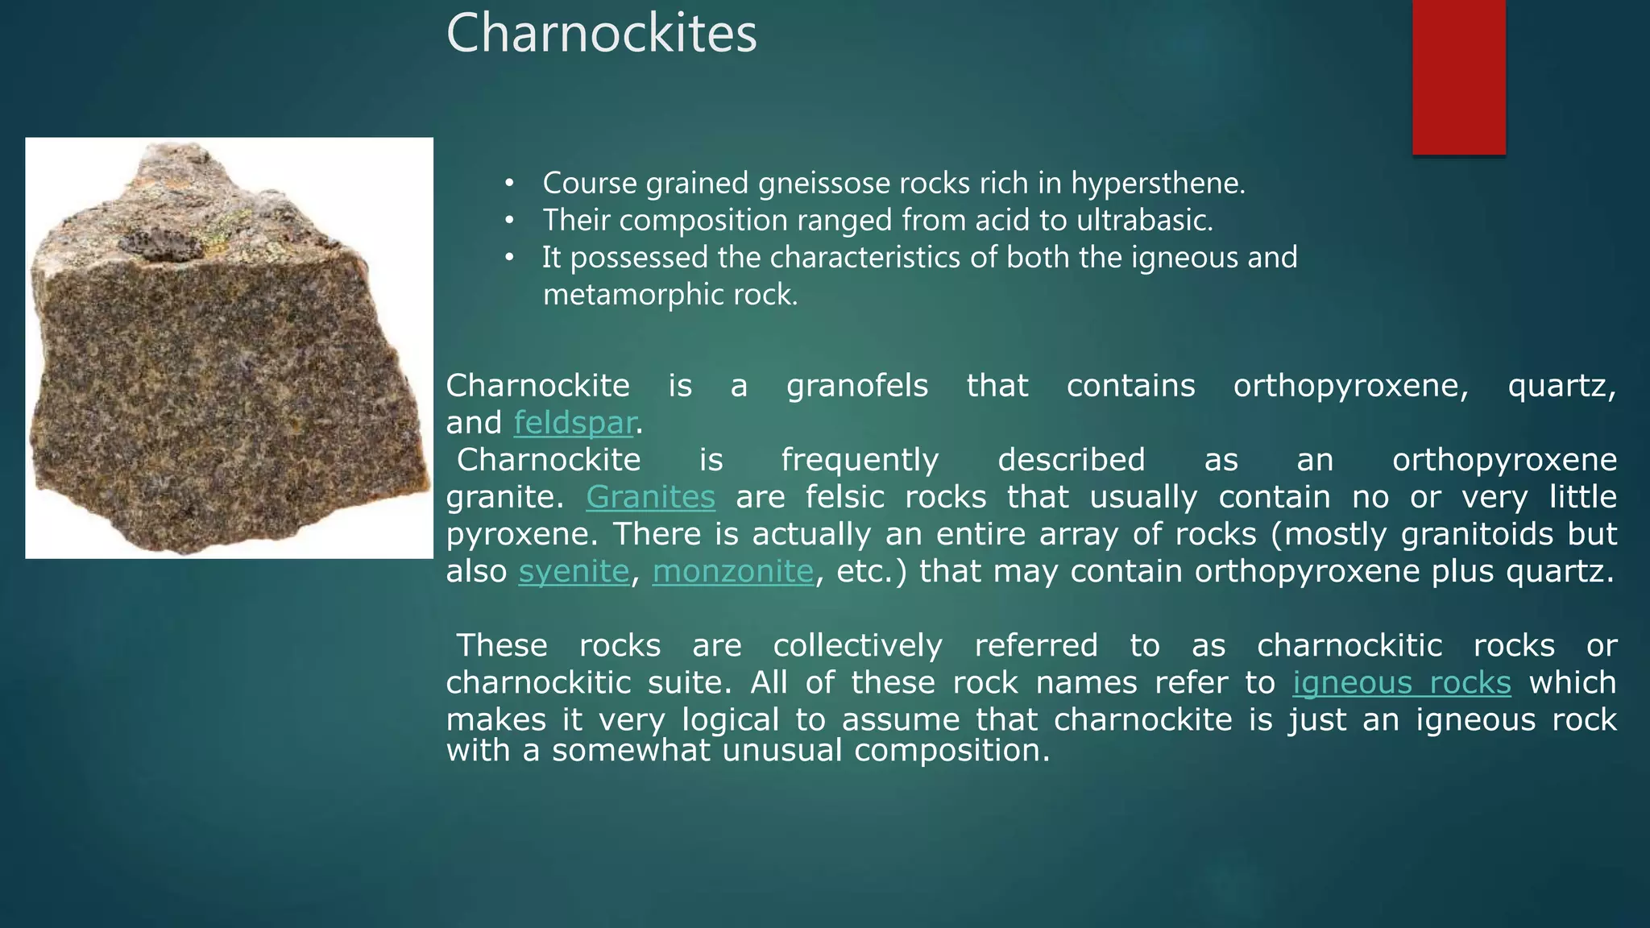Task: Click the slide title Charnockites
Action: (601, 34)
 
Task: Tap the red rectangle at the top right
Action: (1458, 77)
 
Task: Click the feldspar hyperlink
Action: (574, 423)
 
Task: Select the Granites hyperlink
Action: (650, 497)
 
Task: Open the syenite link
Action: (573, 571)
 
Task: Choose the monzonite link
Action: (732, 571)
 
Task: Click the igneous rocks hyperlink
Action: (1401, 682)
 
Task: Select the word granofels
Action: (856, 386)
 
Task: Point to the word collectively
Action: (857, 645)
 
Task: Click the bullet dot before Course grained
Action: (508, 184)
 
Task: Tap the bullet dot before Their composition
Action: (508, 221)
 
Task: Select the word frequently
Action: (860, 460)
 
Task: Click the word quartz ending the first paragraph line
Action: (1560, 387)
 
